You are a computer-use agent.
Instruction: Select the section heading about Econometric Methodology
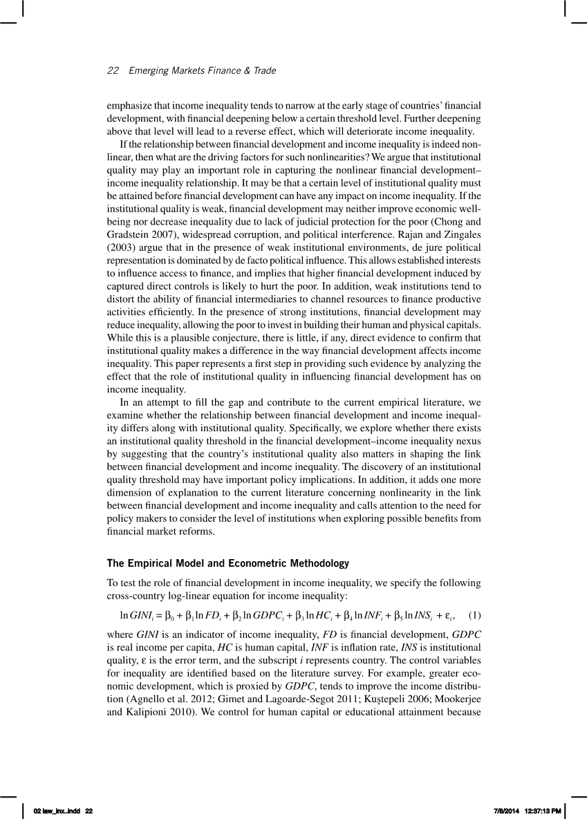pos(227,563)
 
